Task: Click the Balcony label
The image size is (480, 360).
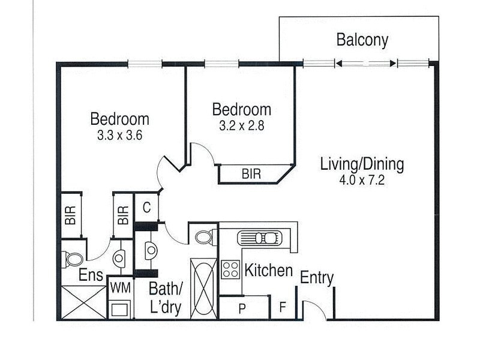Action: click(362, 41)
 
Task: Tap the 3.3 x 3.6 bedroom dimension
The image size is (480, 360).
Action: click(119, 136)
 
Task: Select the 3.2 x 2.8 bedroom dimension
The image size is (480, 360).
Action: click(241, 127)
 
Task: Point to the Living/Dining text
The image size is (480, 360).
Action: click(362, 163)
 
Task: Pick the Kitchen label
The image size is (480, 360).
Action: click(268, 271)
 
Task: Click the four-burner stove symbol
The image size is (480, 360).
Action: click(230, 269)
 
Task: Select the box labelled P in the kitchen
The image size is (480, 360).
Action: click(244, 308)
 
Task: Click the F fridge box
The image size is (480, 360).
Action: click(283, 308)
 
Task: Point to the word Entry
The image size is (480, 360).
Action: click(316, 278)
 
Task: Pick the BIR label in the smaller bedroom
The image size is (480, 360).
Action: click(251, 175)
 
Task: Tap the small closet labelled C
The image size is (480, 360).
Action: click(146, 208)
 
